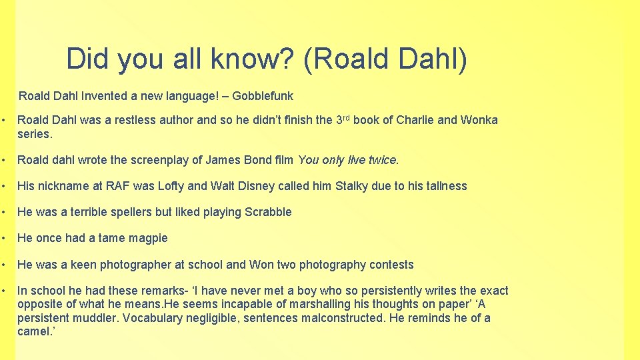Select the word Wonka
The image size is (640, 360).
479,121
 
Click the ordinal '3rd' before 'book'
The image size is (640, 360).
342,119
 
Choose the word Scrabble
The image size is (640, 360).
268,212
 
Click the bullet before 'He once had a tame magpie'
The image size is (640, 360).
5,238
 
